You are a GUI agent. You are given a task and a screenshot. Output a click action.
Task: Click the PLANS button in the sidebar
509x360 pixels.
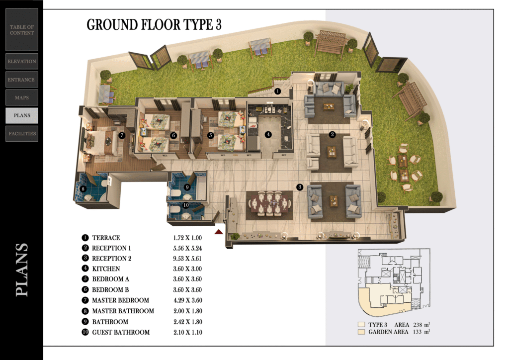[x=22, y=115]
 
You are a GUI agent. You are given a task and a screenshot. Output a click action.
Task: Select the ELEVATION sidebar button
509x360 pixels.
[x=22, y=61]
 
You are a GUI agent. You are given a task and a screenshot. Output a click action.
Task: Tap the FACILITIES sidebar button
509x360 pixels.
[x=22, y=133]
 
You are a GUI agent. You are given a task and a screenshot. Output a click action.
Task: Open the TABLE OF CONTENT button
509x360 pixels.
[x=22, y=30]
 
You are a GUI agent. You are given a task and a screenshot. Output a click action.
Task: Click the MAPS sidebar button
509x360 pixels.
[x=22, y=97]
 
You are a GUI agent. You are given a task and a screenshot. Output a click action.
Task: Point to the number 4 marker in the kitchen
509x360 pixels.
[x=268, y=134]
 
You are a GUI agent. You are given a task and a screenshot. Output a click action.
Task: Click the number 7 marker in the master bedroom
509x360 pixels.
[x=122, y=135]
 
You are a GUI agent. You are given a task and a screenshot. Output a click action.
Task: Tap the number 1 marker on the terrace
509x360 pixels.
[x=277, y=91]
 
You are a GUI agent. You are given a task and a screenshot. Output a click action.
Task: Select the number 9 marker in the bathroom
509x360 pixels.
[x=187, y=187]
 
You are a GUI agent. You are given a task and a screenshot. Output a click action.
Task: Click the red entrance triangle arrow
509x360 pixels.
[x=219, y=232]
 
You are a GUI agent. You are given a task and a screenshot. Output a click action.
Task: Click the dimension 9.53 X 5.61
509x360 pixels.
[x=187, y=259]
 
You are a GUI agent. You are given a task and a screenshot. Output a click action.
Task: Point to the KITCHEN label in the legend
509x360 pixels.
[x=106, y=269]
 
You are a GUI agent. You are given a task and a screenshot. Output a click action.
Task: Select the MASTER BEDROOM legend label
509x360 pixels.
[x=120, y=300]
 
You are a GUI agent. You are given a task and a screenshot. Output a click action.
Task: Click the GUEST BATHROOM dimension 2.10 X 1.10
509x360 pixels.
[x=187, y=333]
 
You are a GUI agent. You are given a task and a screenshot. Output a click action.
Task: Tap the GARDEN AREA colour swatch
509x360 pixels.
[x=361, y=332]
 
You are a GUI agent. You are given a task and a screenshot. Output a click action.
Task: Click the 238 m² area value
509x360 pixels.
[x=422, y=324]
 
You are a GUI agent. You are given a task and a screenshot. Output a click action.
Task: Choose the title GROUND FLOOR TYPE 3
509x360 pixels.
[x=154, y=25]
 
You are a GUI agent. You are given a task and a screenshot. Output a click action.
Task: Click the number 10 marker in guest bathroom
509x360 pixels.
[x=186, y=205]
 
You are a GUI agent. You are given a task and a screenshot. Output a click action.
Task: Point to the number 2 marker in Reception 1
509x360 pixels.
[x=332, y=134]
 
